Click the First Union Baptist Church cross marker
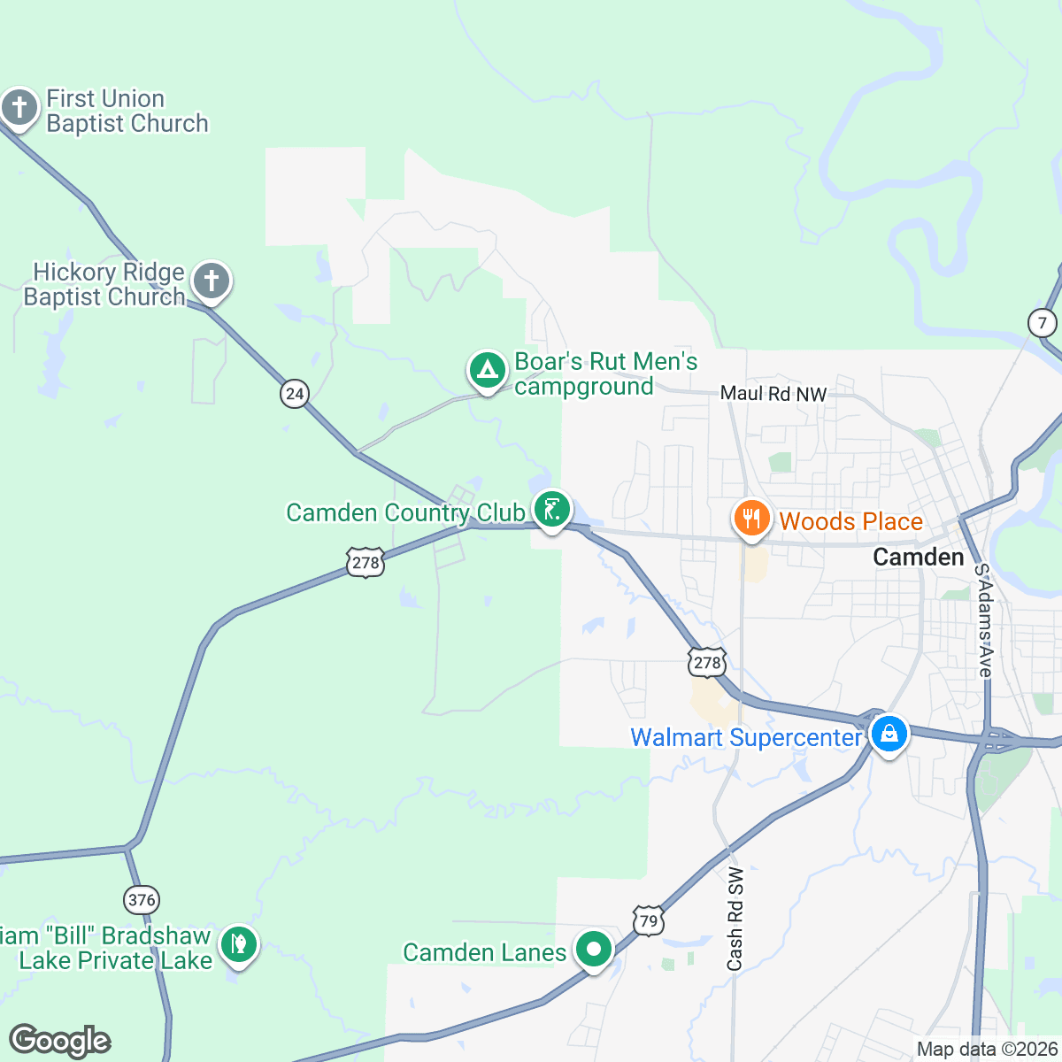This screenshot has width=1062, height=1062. coord(19,108)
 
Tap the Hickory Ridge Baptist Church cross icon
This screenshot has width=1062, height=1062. coord(212,281)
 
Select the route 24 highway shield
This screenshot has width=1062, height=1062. coord(294,393)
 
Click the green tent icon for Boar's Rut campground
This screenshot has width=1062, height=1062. coord(486,370)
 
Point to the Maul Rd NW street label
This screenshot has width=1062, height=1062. coord(773,394)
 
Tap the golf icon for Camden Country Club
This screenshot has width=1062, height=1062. coord(551,510)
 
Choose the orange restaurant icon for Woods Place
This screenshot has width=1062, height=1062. coord(751,519)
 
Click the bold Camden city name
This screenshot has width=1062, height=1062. coord(918,557)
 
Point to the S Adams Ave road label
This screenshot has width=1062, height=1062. coord(983,620)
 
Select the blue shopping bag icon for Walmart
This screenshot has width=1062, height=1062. coord(889,734)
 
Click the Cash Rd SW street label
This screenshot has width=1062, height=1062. coord(735,918)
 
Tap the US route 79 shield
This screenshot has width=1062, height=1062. coord(648,920)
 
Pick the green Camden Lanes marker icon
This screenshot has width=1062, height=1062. coord(594,950)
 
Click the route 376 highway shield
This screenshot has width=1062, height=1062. coord(142,900)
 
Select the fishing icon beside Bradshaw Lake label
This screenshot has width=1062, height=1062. coord(237,944)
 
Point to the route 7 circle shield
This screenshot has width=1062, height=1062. coord(1042,322)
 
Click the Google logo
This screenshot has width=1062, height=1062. coord(59,1041)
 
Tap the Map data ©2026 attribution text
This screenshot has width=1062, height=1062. coord(987,1050)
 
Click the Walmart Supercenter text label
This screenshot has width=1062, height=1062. coord(745,737)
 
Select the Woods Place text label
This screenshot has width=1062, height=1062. coord(850,521)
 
